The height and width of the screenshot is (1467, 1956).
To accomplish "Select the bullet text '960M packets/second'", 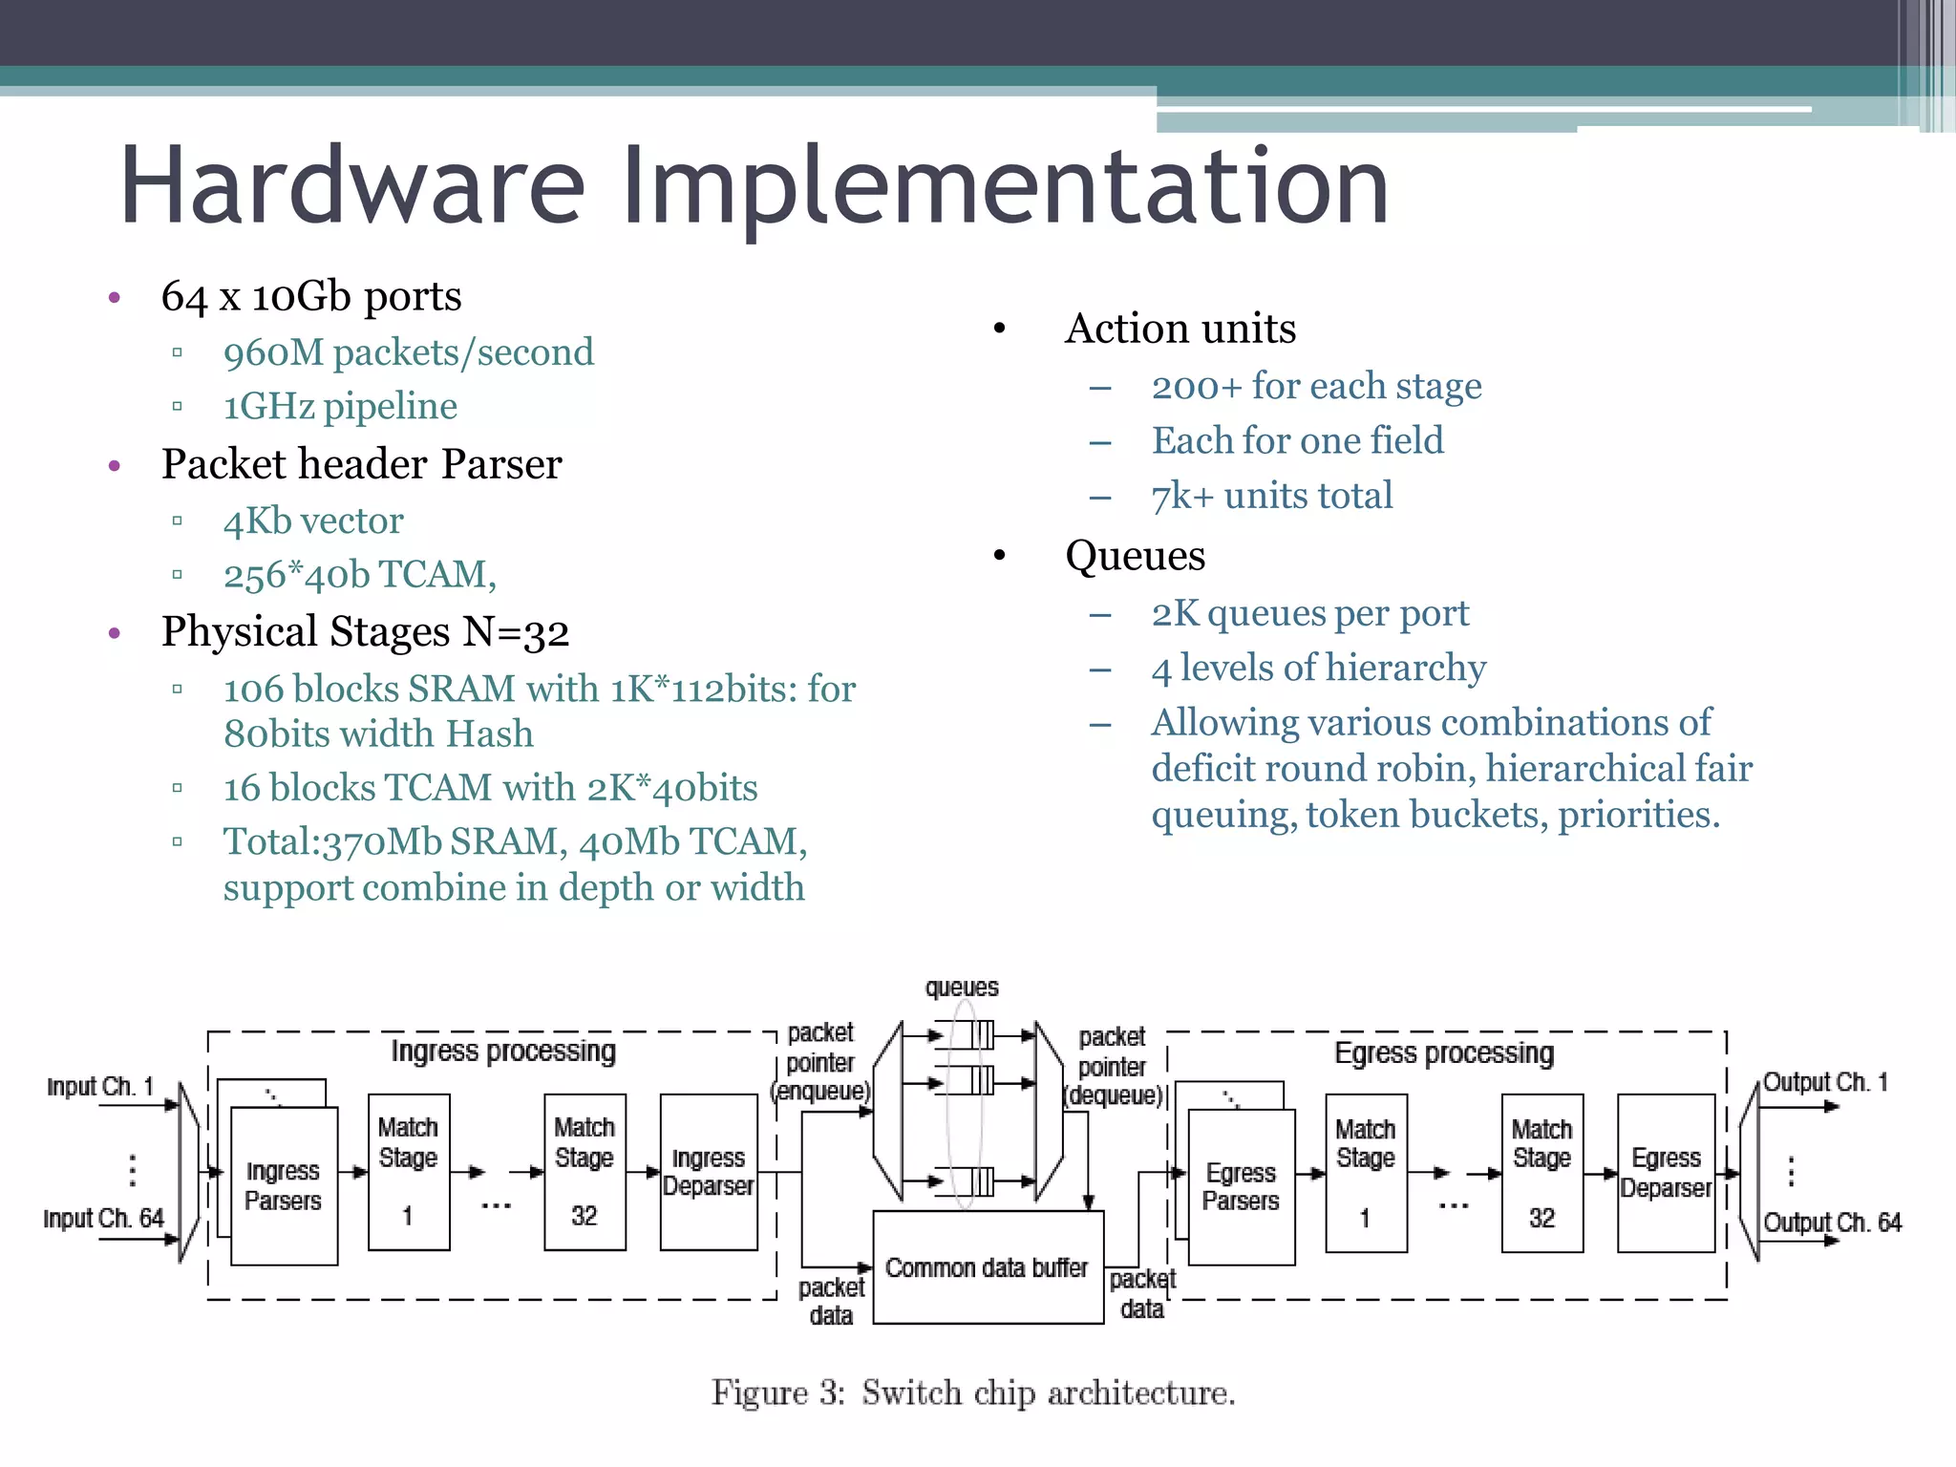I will [x=408, y=352].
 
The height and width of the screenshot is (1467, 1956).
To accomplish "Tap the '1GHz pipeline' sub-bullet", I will [x=340, y=407].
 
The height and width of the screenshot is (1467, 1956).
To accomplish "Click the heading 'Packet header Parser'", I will [x=361, y=464].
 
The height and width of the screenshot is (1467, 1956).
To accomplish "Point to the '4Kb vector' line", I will [x=313, y=521].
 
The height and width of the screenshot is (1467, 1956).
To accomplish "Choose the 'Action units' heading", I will [x=1180, y=329].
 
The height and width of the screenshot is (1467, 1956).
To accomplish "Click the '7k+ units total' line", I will [x=1271, y=497].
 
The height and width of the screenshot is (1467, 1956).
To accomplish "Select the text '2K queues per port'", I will [x=1309, y=613].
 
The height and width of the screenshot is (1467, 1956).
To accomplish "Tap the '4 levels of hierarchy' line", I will [x=1318, y=668].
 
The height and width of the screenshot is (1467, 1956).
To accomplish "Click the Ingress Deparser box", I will [x=708, y=1173].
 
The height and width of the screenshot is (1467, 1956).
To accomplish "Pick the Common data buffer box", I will [x=988, y=1268].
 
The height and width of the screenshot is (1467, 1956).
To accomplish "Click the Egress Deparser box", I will [x=1666, y=1173].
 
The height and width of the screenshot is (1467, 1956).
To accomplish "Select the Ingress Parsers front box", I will [x=284, y=1186].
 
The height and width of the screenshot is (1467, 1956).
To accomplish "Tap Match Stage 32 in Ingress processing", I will [x=585, y=1173].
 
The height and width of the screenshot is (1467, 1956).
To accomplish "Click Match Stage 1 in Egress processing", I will [x=1366, y=1173].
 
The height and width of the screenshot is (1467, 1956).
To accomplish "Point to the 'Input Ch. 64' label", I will [x=103, y=1219].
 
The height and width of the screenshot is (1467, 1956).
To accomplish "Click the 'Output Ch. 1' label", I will [x=1824, y=1083].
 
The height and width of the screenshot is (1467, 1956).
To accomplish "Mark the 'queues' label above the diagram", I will [x=962, y=988].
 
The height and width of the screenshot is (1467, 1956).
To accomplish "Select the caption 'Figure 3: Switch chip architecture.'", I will [x=973, y=1393].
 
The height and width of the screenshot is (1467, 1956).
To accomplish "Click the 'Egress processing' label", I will [x=1443, y=1053].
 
